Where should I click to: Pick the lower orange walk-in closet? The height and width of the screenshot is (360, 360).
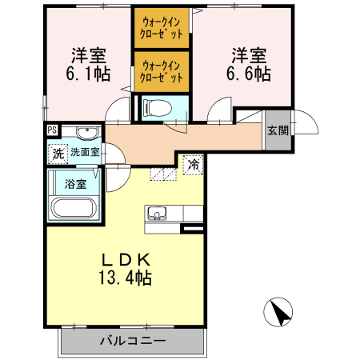pyautogui.click(x=162, y=71)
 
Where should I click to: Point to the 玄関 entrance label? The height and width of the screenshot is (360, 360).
pyautogui.click(x=277, y=130)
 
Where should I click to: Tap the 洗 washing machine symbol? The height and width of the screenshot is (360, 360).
pyautogui.click(x=58, y=150)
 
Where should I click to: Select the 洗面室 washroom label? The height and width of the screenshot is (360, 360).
pyautogui.click(x=85, y=150)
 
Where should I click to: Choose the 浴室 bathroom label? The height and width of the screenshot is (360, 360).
pyautogui.click(x=74, y=182)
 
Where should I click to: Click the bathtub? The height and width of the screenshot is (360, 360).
pyautogui.click(x=74, y=209)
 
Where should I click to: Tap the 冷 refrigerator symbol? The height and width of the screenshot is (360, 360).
pyautogui.click(x=194, y=164)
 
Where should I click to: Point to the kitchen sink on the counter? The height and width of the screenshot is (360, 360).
pyautogui.click(x=155, y=214)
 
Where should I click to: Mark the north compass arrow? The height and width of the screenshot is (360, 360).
pyautogui.click(x=278, y=311)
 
